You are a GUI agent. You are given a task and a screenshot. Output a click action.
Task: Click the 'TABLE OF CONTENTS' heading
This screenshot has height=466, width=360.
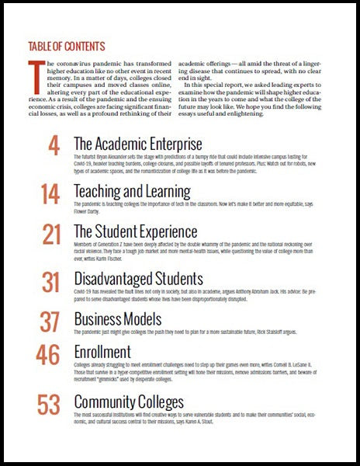pos(77,47)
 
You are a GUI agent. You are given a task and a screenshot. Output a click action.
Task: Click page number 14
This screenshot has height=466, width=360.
pos(48,193)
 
